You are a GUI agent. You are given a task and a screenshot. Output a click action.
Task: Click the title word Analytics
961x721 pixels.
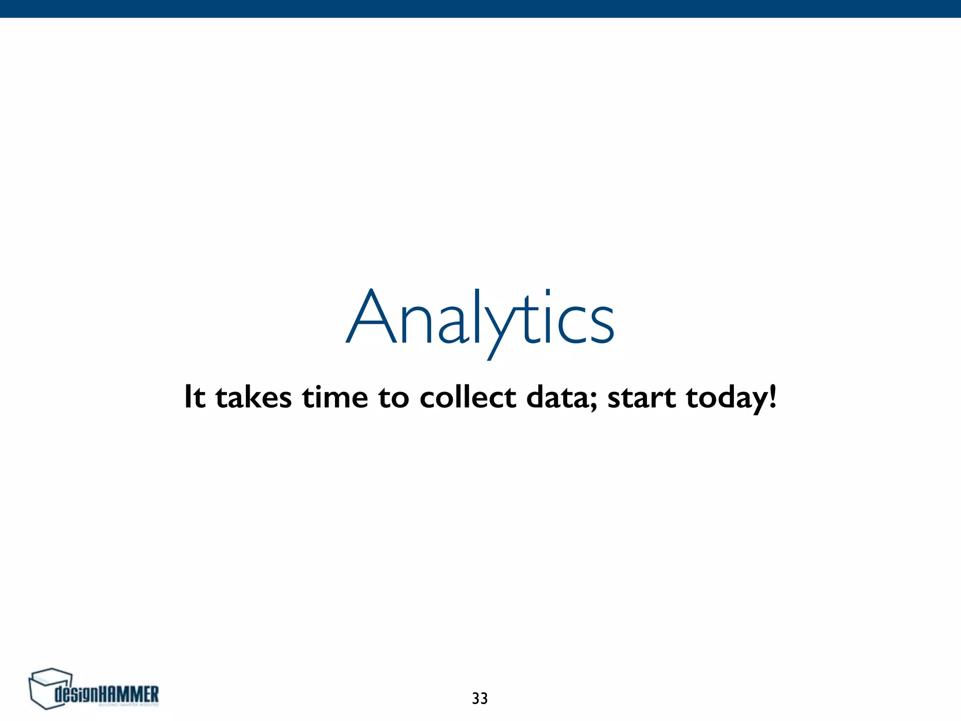pos(480,319)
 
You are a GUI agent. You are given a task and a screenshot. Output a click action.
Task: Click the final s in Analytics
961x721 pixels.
pos(600,324)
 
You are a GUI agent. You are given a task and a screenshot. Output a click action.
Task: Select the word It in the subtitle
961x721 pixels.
pos(195,397)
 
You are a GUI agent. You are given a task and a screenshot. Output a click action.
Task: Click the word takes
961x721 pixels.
pos(253,397)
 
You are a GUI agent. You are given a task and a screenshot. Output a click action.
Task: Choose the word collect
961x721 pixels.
pos(467,397)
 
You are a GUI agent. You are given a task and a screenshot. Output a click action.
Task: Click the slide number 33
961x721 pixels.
pos(480,698)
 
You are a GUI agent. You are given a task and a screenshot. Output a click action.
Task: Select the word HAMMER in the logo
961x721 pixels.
pos(130,694)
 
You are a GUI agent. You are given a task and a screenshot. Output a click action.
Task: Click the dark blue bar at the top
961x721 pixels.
pos(480,8)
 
